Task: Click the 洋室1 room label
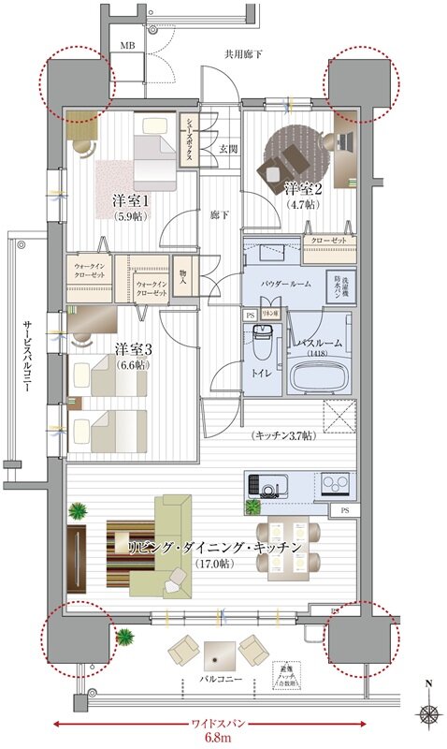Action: click(x=131, y=200)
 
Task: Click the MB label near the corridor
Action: click(x=127, y=46)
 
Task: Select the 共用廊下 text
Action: click(x=244, y=55)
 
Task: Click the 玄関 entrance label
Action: click(x=227, y=148)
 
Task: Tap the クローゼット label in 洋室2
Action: click(x=330, y=241)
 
